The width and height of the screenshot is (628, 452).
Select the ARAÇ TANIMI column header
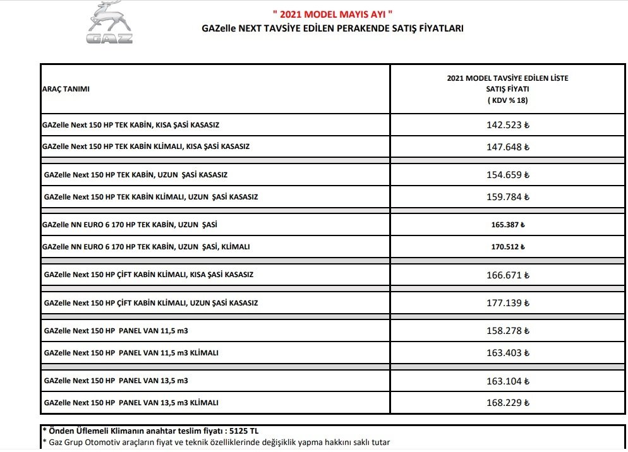click(x=66, y=89)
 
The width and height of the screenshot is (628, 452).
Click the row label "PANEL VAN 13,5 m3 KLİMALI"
click(x=131, y=403)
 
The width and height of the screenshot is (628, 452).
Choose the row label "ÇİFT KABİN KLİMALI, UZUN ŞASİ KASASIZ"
click(x=151, y=303)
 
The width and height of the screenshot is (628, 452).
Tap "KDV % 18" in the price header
click(x=507, y=100)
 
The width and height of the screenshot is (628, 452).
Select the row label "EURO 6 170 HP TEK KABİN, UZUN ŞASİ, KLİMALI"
click(x=145, y=247)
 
